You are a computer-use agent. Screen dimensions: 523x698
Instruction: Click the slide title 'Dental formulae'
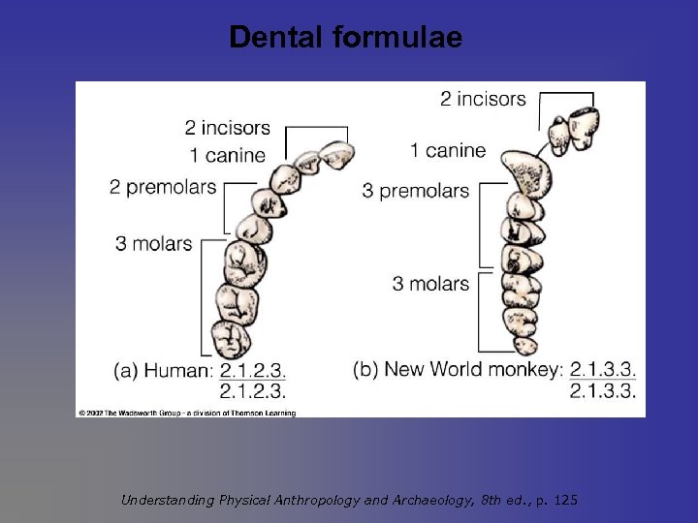tap(346, 38)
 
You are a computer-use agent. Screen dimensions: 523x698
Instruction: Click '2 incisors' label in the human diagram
tap(228, 128)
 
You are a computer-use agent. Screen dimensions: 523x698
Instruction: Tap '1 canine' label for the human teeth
tap(228, 155)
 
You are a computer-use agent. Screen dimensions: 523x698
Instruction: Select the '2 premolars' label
tap(163, 187)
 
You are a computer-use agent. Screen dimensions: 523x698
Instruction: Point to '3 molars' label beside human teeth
tap(153, 243)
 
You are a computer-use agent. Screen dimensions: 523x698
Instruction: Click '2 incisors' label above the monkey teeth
tap(483, 98)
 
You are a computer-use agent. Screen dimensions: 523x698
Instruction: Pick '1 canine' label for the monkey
tap(448, 150)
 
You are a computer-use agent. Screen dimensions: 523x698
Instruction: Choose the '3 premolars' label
tap(416, 191)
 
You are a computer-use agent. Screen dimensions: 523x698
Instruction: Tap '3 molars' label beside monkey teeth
tap(430, 284)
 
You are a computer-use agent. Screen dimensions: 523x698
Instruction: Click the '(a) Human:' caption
tap(164, 370)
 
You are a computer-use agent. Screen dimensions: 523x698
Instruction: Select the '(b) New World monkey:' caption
tap(458, 369)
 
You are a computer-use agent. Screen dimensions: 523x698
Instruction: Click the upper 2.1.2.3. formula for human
tap(253, 370)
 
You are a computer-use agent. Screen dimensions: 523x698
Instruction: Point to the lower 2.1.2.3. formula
tap(253, 391)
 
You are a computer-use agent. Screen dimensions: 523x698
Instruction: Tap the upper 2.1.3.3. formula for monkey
tap(602, 369)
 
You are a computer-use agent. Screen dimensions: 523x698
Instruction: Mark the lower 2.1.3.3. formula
tap(602, 390)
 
